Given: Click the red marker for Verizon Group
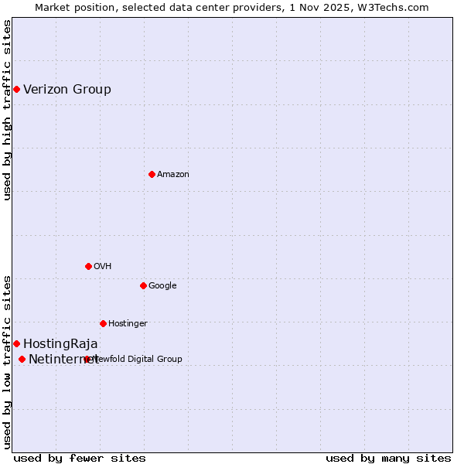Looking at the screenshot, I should (16, 89).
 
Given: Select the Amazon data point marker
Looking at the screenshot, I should (152, 174).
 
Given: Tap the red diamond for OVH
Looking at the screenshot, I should (88, 266).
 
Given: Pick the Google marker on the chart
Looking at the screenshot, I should (143, 285).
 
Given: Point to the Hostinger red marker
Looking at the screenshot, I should (103, 323).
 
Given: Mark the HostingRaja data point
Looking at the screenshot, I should (16, 343).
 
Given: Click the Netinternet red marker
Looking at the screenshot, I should (22, 359).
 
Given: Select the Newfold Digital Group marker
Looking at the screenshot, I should (87, 359).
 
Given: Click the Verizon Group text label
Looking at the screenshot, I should (67, 89).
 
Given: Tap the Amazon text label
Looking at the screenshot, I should (173, 174).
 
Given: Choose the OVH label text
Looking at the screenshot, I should (103, 266).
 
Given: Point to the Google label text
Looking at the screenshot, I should (162, 285).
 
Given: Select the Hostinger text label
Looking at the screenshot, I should (128, 323).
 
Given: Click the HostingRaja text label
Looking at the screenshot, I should (60, 343).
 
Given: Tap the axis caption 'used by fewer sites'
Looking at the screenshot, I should (80, 458).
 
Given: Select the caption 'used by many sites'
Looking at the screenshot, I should (388, 458).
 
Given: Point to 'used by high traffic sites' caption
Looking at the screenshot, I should (7, 110).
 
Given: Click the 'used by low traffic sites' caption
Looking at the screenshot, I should (7, 361).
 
